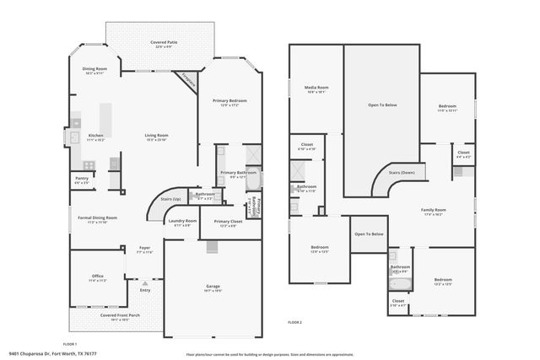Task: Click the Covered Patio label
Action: [165, 43]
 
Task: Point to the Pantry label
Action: [82, 179]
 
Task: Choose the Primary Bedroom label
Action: [229, 101]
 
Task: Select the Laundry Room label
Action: [182, 222]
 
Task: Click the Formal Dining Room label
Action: [97, 218]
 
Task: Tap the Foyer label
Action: [144, 249]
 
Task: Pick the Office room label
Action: [99, 277]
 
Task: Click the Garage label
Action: [213, 287]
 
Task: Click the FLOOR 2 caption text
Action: [294, 323]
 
